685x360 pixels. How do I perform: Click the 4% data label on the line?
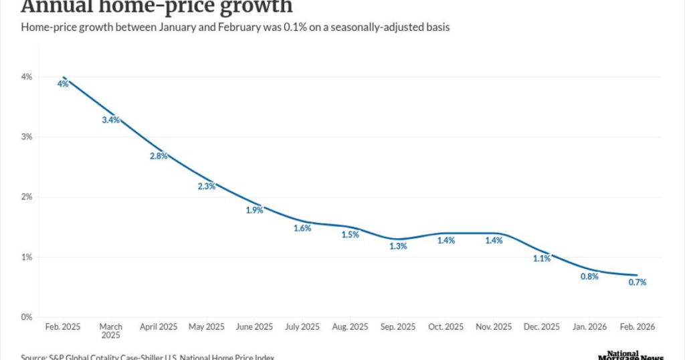62,84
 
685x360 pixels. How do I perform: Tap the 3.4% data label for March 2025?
110,120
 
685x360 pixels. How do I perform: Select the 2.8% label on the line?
159,156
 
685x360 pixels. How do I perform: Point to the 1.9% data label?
254,210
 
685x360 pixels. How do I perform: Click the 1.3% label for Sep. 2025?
398,246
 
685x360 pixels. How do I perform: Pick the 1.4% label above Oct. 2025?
446,240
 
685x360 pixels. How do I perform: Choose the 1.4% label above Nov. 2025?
494,240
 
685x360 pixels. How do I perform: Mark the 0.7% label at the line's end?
638,282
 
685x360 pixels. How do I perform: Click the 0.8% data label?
589,276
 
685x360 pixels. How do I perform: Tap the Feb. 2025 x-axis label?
63,327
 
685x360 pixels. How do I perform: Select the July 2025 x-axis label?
302,327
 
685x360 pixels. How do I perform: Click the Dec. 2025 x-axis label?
542,327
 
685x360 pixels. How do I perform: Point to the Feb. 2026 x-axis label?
638,327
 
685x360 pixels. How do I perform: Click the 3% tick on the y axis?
26,137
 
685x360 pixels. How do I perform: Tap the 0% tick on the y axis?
26,317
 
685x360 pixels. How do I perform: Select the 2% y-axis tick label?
26,197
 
